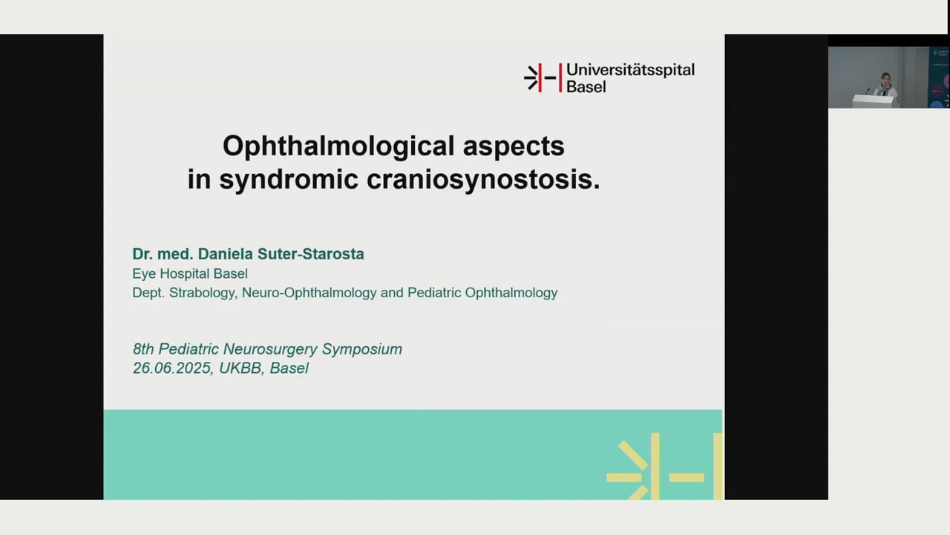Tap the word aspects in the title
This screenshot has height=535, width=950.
click(514, 146)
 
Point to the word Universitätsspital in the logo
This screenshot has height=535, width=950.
click(630, 70)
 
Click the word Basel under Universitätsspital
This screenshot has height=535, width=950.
click(586, 86)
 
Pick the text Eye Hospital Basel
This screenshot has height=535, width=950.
click(190, 273)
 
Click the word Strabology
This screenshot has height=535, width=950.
click(203, 293)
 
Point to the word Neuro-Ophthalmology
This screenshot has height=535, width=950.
click(309, 293)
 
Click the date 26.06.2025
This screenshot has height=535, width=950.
click(172, 369)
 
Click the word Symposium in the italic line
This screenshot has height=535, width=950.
click(362, 349)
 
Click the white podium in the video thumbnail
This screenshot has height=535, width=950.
click(872, 101)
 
